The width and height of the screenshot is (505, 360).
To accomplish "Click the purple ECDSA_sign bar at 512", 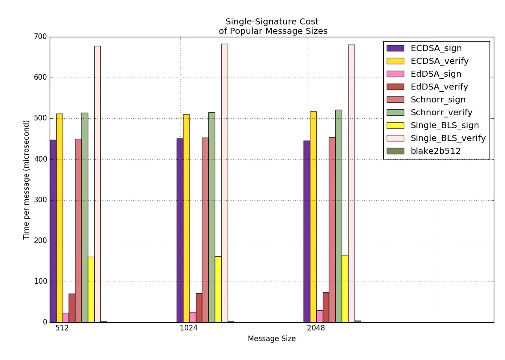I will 53,231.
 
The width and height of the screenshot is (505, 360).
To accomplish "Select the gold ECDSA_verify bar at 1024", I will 186,218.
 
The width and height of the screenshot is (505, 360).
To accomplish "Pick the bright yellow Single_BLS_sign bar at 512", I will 91,289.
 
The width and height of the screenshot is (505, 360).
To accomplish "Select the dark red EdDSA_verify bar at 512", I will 72,308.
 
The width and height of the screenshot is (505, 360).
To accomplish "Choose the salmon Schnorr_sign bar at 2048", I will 332,230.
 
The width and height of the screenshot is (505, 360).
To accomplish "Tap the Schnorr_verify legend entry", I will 441,112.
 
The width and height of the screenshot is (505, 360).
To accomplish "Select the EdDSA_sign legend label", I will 436,74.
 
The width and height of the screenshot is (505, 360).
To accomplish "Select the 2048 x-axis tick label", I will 316,329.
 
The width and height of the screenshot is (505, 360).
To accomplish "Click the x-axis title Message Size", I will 272,339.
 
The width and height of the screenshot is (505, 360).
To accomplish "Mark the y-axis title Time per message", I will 27,180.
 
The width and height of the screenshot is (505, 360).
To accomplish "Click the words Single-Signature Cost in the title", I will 272,22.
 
